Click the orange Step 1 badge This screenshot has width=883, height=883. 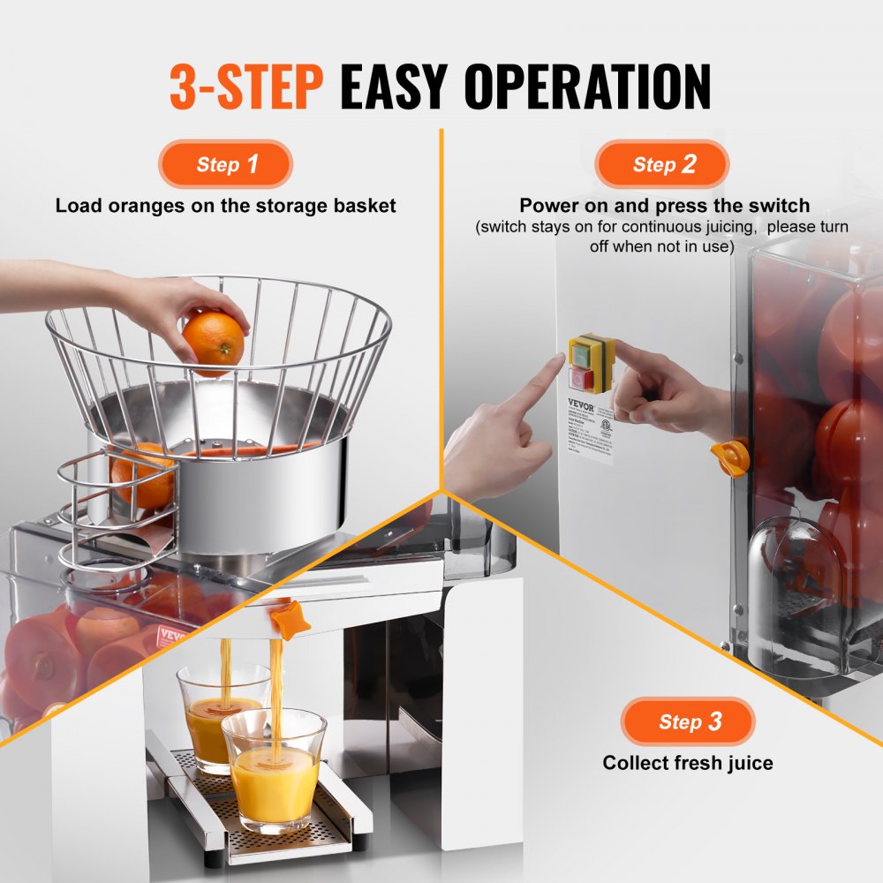225,164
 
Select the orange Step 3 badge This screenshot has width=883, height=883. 688,721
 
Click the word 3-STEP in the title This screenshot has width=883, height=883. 245,87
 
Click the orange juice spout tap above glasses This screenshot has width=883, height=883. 291,620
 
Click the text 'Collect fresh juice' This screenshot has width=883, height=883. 688,762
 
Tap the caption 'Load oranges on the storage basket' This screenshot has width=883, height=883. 225,206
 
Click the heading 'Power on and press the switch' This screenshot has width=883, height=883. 664,206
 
